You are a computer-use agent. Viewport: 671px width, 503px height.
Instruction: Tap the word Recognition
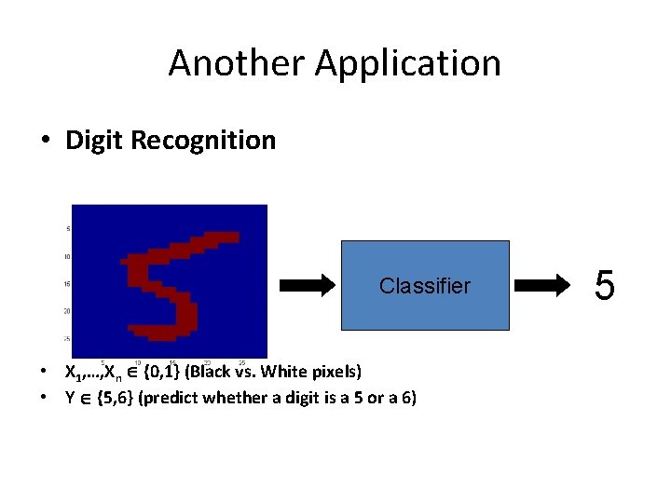click(x=204, y=141)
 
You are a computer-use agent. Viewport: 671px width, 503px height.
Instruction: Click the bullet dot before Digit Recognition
click(x=45, y=142)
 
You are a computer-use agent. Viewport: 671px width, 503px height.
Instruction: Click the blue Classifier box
click(x=425, y=285)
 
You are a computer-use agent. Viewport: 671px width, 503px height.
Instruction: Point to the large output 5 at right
click(x=604, y=285)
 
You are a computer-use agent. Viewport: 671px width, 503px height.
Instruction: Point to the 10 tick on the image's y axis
click(x=67, y=256)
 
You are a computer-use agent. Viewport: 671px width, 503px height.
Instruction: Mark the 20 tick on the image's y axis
click(x=67, y=311)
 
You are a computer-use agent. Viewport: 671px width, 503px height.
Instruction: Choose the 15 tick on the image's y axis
click(x=67, y=284)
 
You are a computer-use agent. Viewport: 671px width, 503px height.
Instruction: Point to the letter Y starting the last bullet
click(x=68, y=398)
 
